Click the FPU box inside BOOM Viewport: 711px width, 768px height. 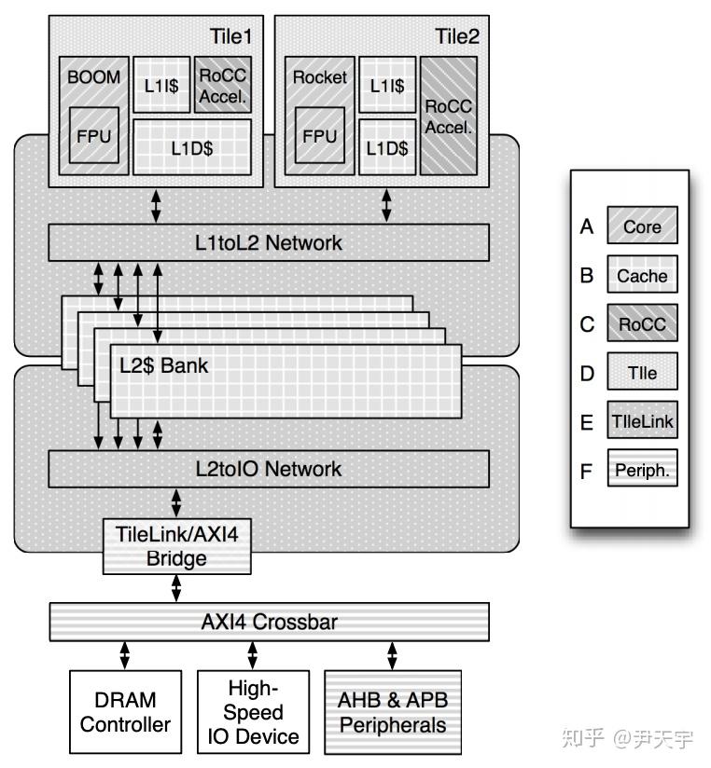(x=93, y=135)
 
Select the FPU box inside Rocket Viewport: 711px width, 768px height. (x=320, y=135)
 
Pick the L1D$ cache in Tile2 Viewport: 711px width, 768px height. (x=387, y=148)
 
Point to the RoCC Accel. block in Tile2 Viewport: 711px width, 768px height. (x=449, y=115)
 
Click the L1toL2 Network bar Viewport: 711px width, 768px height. (x=270, y=243)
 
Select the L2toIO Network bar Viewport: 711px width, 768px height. (x=270, y=469)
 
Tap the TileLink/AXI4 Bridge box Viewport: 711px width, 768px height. (x=176, y=546)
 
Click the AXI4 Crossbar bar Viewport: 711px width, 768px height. (x=270, y=622)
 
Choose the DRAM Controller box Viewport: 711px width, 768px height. (x=125, y=712)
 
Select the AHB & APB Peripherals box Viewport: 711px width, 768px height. (x=393, y=712)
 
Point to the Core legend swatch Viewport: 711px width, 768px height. (x=642, y=226)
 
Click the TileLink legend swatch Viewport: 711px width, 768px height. (x=642, y=421)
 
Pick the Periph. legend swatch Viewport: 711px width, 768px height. (x=642, y=471)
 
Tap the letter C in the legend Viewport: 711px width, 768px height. (x=586, y=324)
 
